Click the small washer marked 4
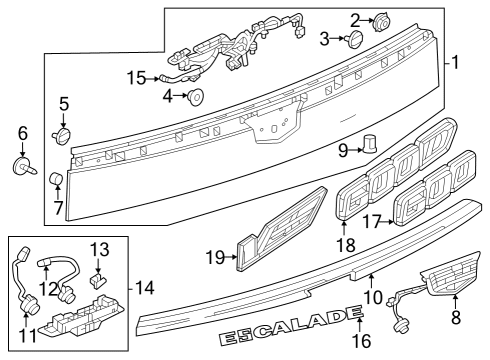[196, 97]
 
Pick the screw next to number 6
[21, 165]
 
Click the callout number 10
[373, 296]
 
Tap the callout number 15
[137, 77]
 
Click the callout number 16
[363, 340]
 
